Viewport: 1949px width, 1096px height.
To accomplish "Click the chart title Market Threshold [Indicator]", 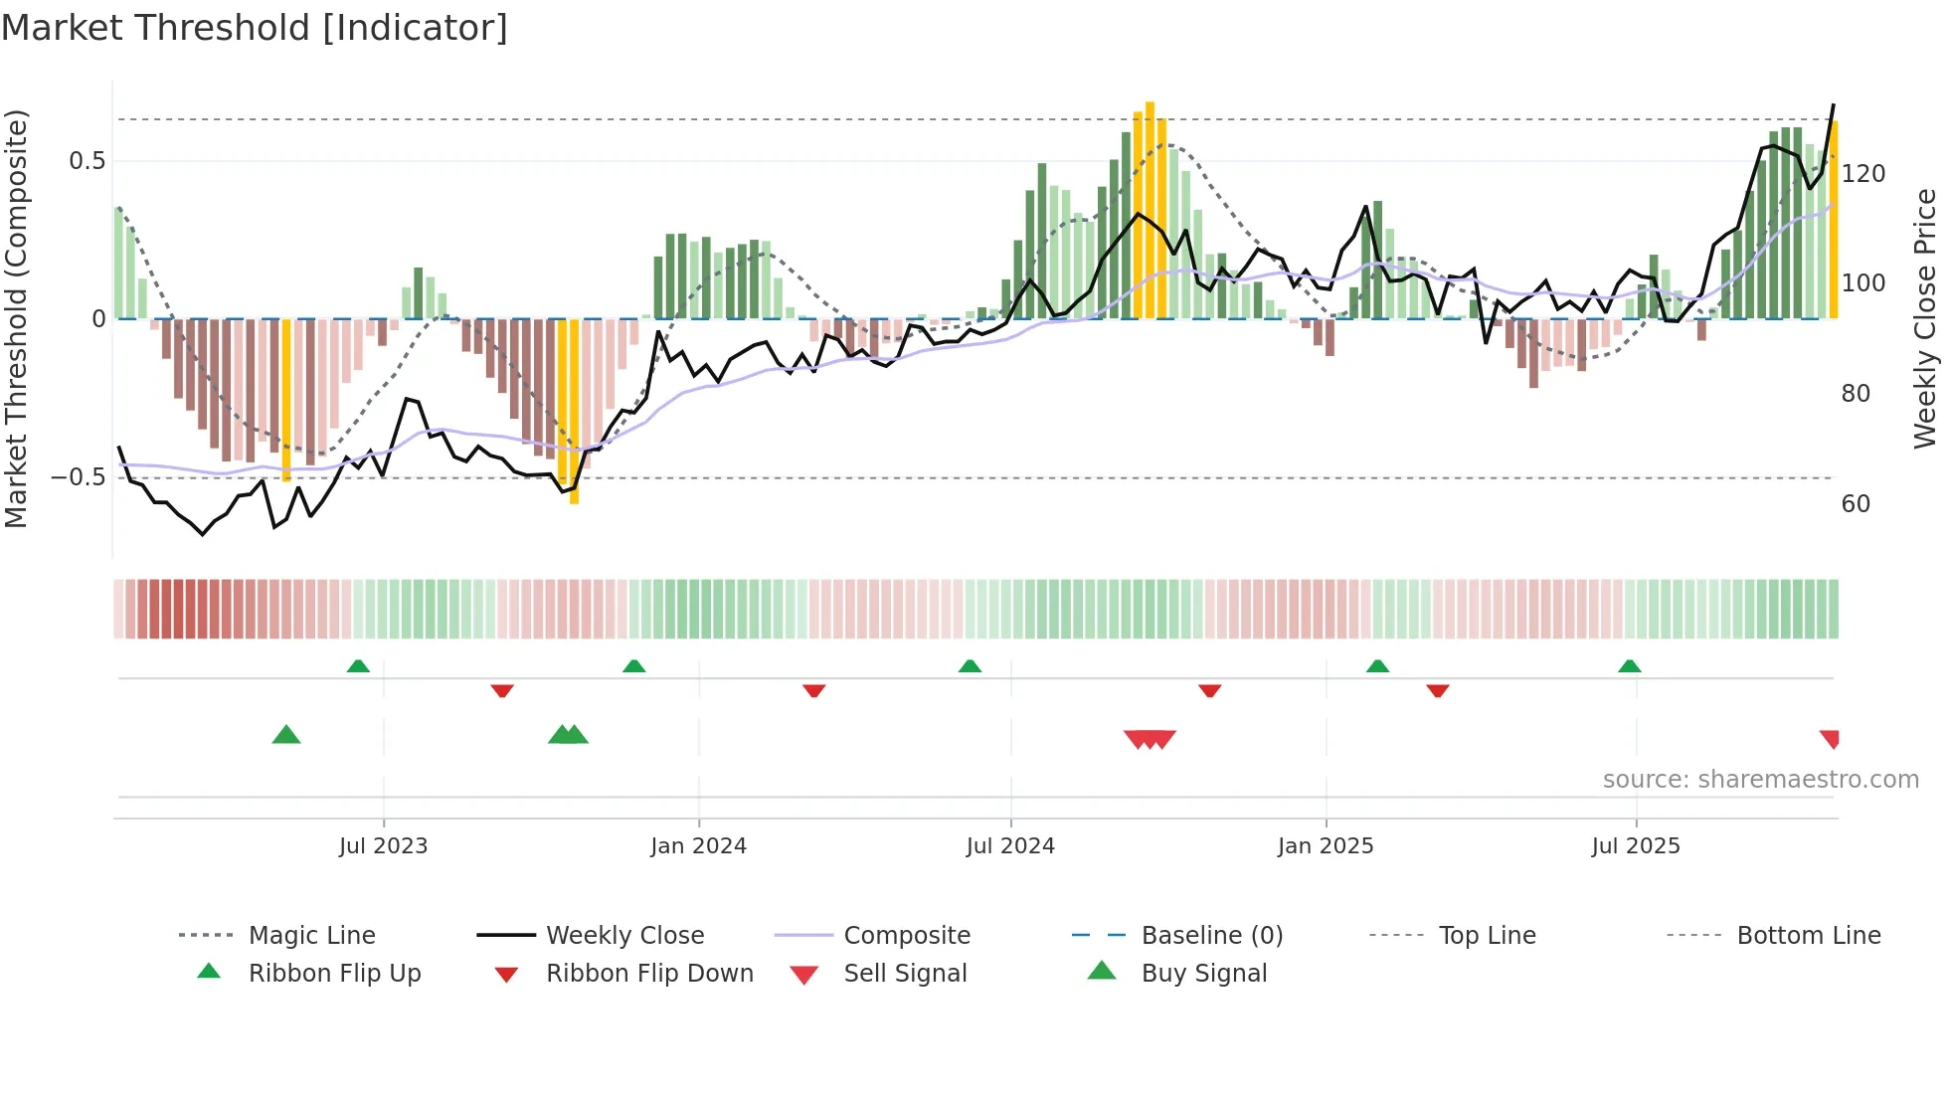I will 255,28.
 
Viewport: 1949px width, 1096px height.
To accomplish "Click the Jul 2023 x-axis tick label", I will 383,846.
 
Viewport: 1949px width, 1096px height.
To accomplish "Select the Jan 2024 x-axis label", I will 698,846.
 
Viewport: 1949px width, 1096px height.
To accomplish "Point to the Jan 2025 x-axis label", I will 1326,846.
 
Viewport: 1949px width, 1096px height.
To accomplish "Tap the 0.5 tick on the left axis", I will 87,161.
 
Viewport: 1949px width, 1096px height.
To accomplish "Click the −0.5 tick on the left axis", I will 79,477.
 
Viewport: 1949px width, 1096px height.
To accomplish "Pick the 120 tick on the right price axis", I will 1862,174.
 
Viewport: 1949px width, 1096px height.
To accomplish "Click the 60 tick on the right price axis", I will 1856,504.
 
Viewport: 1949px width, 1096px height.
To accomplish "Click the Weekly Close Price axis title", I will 1926,318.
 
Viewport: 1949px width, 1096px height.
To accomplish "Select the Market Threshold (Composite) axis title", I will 16,318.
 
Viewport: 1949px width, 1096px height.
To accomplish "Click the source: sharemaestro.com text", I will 1760,780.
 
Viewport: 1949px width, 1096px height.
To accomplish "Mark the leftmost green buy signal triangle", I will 286,736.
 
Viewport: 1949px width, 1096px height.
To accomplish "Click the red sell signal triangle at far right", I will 1831,739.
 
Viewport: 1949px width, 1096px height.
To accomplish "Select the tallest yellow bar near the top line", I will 1150,209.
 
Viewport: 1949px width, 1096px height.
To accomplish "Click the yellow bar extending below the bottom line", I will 574,413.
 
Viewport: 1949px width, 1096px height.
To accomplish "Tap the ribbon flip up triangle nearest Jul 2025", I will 1629,666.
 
